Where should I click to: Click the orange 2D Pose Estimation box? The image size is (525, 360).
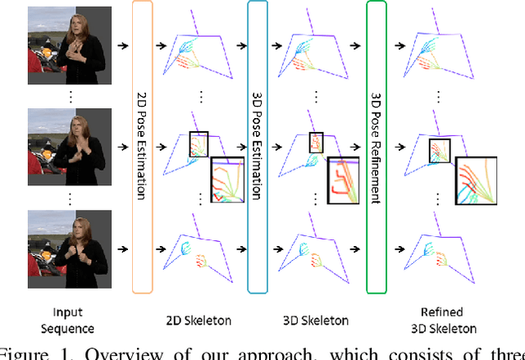pyautogui.click(x=142, y=148)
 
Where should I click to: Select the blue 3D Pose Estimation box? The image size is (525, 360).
pyautogui.click(x=258, y=148)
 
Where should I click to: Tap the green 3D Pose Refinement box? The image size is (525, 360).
pyautogui.click(x=377, y=148)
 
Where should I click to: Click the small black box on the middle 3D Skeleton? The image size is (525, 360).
pyautogui.click(x=317, y=143)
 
